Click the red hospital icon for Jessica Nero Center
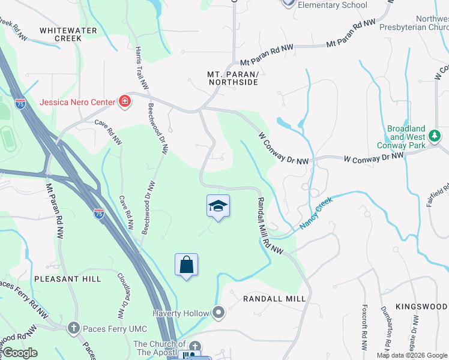(124, 101)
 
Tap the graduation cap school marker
(218, 206)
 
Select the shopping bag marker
(186, 265)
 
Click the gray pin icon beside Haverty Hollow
(218, 313)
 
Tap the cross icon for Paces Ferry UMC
(73, 328)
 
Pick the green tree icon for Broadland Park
(435, 137)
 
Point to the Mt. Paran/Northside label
(232, 78)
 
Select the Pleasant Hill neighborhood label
(68, 279)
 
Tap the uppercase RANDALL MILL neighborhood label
(274, 298)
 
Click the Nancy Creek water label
(316, 214)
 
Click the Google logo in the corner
(20, 353)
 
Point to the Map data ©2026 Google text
(411, 355)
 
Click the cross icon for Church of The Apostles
(194, 346)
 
